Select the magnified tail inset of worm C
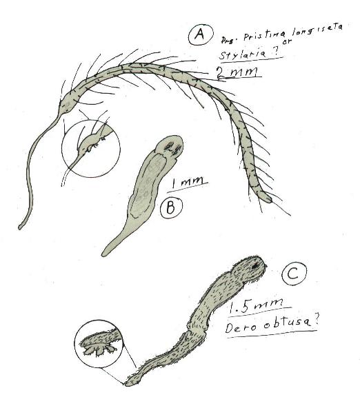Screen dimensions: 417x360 click(x=99, y=342)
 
